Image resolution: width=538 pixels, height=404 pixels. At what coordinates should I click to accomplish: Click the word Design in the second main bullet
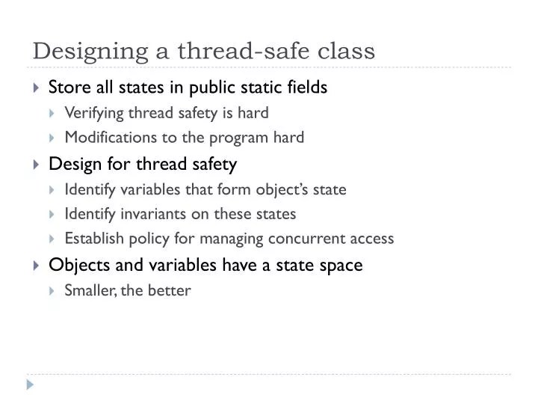tap(70, 163)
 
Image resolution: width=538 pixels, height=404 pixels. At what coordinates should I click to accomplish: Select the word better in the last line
tap(173, 290)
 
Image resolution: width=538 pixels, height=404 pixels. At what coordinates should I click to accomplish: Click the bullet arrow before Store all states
tap(37, 88)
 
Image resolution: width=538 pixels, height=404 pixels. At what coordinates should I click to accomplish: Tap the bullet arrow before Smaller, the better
tap(52, 290)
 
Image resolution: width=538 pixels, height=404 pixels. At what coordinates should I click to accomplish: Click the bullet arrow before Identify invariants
tap(52, 214)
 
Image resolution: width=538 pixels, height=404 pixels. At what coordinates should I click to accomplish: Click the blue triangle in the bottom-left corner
tap(30, 385)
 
